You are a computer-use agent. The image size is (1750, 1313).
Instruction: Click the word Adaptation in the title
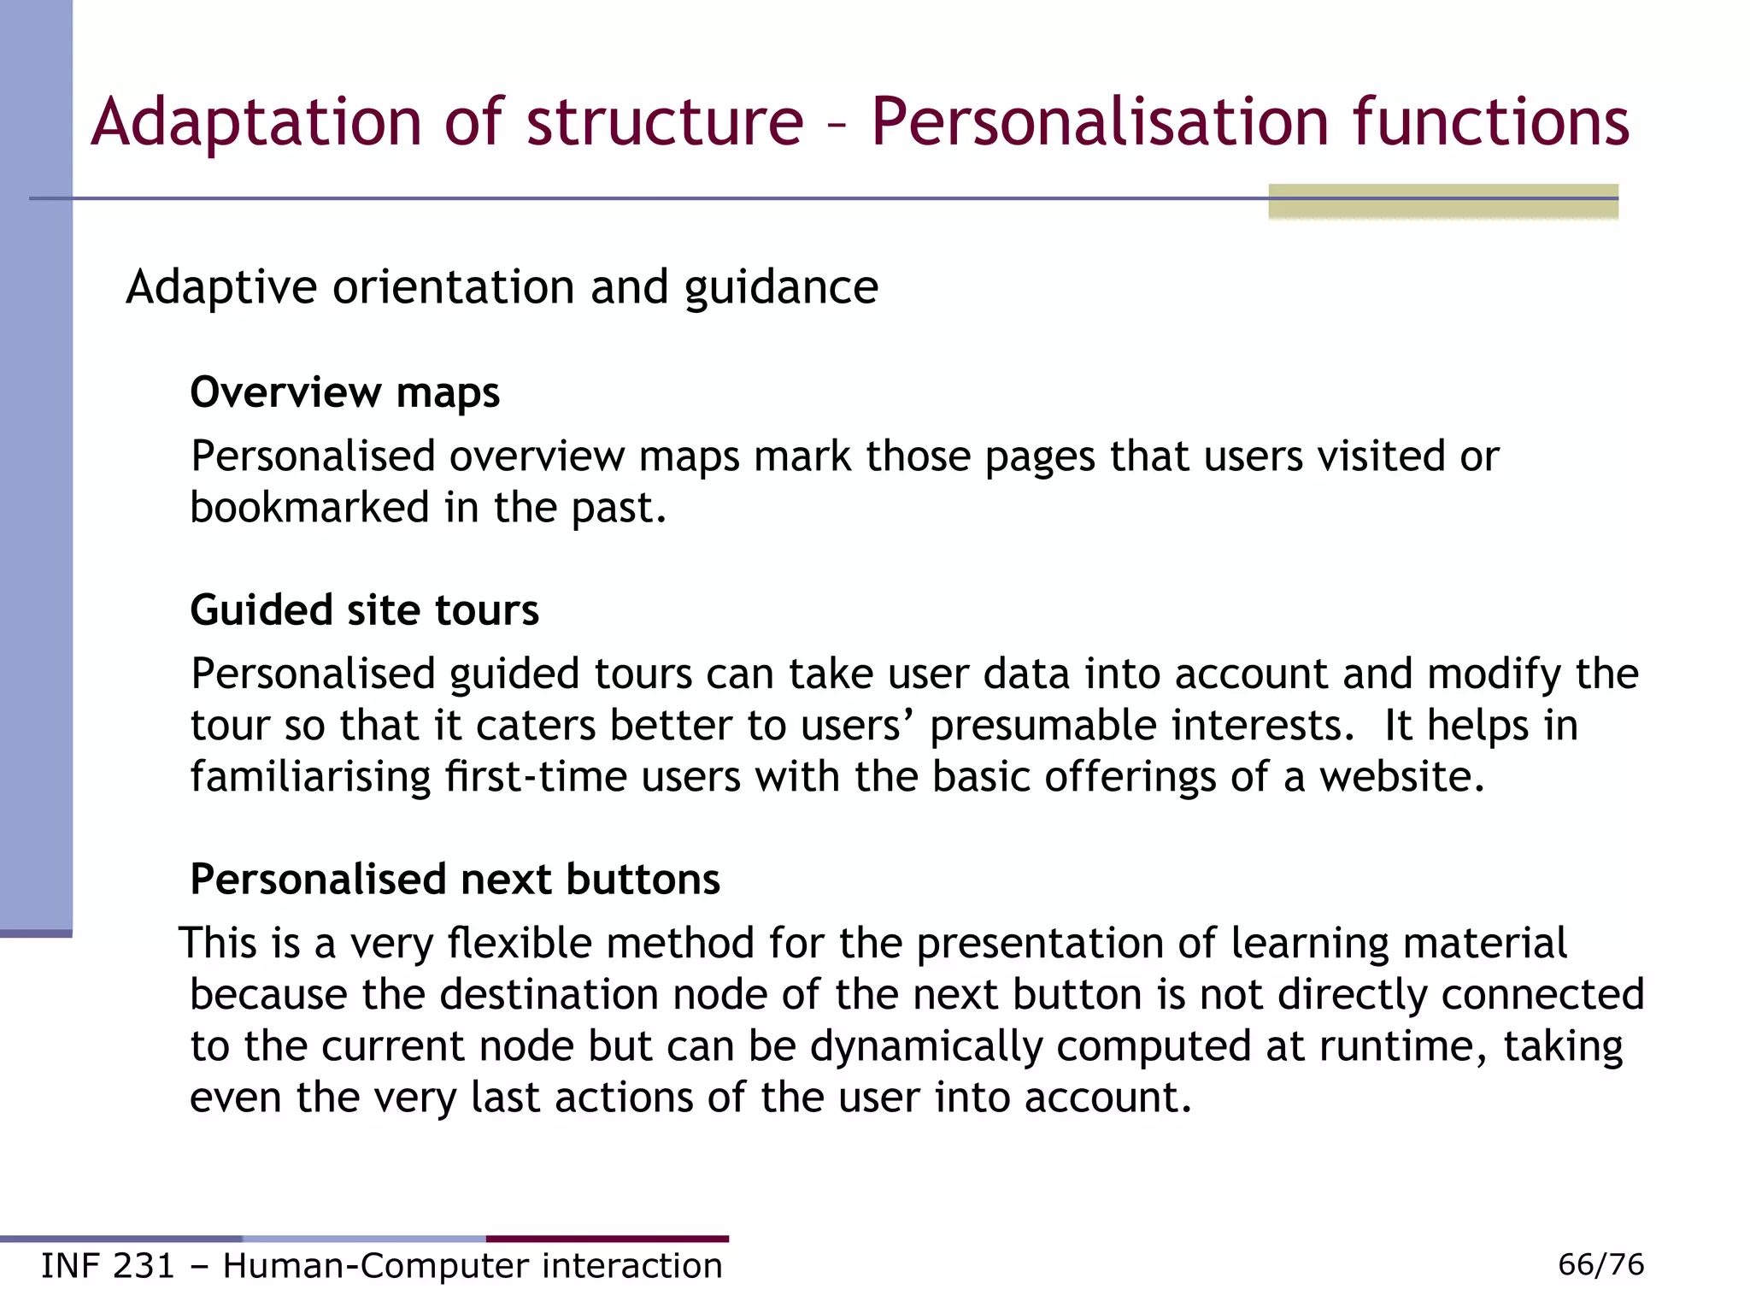255,122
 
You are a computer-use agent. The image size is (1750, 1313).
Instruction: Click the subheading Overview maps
344,392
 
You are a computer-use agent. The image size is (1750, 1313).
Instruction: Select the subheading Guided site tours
364,610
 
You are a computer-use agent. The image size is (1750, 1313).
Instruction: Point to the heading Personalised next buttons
455,879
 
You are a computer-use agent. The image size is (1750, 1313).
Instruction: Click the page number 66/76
1600,1264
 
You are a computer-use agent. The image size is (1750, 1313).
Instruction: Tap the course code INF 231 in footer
108,1266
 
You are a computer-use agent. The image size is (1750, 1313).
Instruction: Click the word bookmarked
309,507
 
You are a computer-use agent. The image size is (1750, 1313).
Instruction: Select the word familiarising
310,777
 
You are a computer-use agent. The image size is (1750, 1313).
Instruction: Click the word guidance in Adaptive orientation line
780,287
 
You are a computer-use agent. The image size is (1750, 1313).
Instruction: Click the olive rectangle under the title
1442,202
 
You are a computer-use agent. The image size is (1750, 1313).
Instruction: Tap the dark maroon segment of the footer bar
608,1239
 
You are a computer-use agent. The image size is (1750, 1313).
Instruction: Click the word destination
549,995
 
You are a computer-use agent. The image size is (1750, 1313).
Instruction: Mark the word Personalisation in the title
1100,122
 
